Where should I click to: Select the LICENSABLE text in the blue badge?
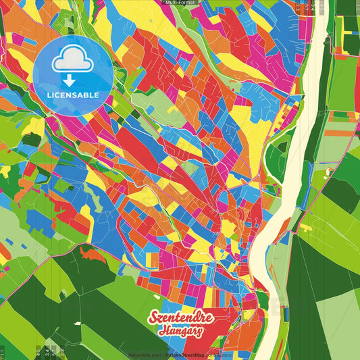[73, 95]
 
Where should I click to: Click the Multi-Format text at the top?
[180, 3]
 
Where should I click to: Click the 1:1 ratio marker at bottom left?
[3, 353]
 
